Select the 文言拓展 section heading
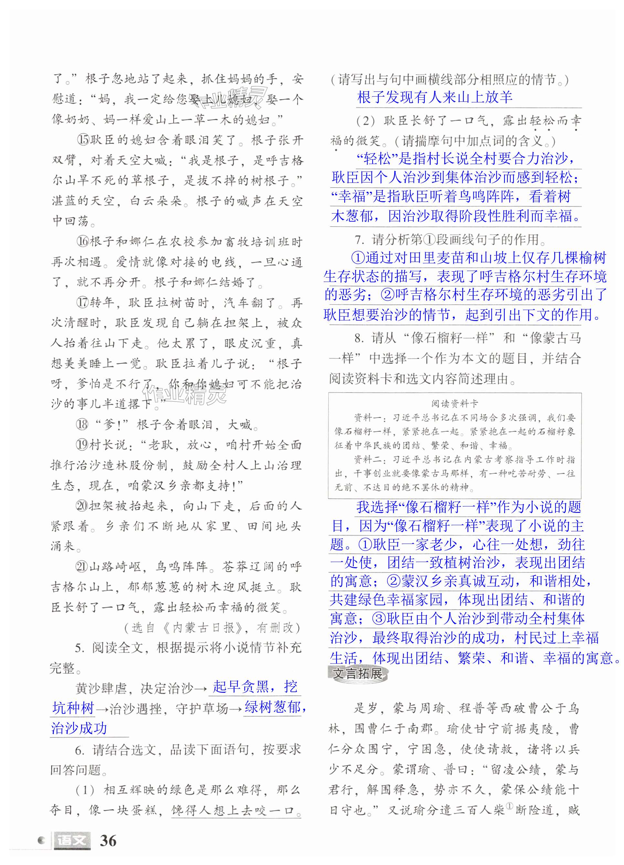pyautogui.click(x=358, y=673)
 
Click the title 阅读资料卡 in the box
pyautogui.click(x=455, y=403)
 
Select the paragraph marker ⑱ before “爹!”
pyautogui.click(x=82, y=424)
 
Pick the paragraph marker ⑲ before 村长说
pyautogui.click(x=82, y=445)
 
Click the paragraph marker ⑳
pyautogui.click(x=82, y=506)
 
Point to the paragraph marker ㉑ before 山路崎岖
pyautogui.click(x=82, y=567)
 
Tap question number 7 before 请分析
pyautogui.click(x=359, y=240)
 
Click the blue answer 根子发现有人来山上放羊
pyautogui.click(x=434, y=97)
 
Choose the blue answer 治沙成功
pyautogui.click(x=79, y=728)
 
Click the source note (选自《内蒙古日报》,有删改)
pyautogui.click(x=212, y=627)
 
